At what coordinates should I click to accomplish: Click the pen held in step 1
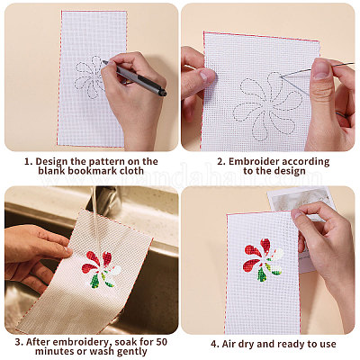(x=134, y=77)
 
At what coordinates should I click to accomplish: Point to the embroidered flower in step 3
(x=101, y=269)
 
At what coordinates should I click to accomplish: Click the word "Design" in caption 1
(x=51, y=161)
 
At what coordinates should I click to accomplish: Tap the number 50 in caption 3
(x=160, y=341)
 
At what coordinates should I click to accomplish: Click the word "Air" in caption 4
(x=229, y=344)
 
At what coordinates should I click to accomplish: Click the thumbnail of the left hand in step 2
(x=205, y=76)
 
